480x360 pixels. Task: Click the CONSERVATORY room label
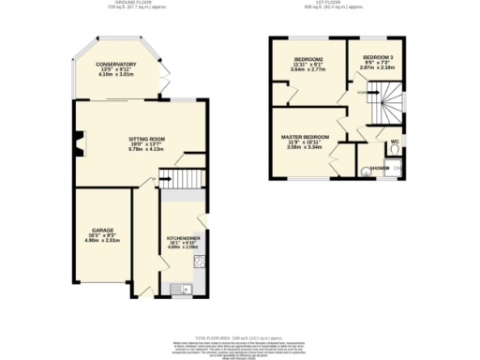[x=117, y=64]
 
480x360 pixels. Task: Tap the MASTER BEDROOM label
[x=306, y=136]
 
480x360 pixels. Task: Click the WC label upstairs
[x=394, y=142]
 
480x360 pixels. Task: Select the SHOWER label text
[x=380, y=170]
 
